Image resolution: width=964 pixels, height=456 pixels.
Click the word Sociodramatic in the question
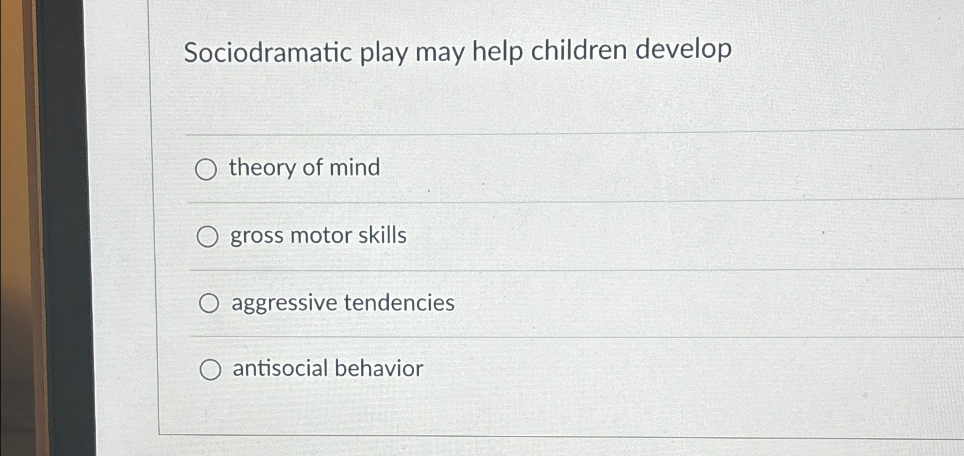pos(268,53)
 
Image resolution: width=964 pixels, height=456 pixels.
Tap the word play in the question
pos(383,53)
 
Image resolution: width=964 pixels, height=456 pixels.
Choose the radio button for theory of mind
pos(206,170)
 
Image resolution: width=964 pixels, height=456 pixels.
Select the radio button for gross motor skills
pos(207,237)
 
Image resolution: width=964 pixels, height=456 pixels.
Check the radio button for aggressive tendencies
pos(209,304)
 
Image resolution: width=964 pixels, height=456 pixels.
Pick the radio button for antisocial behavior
pos(210,370)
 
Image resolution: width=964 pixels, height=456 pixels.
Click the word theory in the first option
pos(262,168)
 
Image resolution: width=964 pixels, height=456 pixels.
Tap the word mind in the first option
pos(355,167)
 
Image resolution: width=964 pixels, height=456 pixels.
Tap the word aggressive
pos(284,304)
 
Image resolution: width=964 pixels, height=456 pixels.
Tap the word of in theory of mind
pos(312,167)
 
